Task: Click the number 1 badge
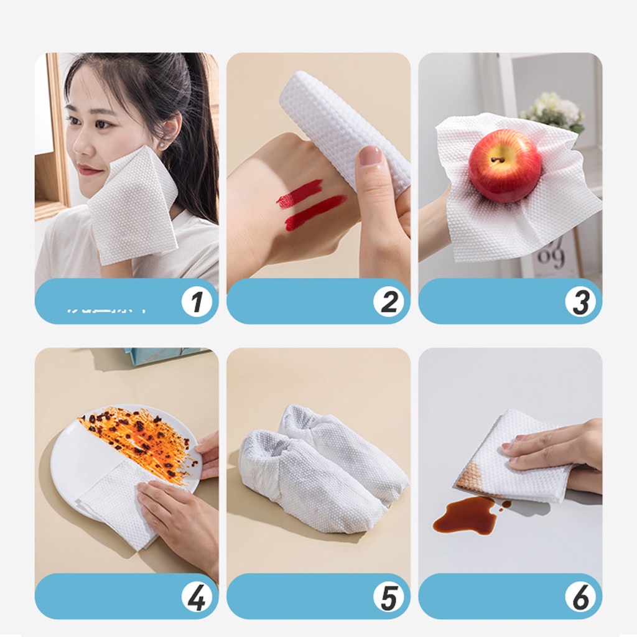click(x=197, y=302)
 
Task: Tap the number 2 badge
click(x=389, y=302)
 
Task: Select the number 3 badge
click(x=580, y=302)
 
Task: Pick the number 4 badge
click(x=197, y=598)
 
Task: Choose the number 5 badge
click(x=389, y=598)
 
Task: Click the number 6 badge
click(x=580, y=598)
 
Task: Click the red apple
click(x=504, y=166)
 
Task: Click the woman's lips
click(x=91, y=170)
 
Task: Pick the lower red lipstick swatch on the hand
click(x=315, y=212)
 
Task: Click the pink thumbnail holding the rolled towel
click(x=371, y=156)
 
